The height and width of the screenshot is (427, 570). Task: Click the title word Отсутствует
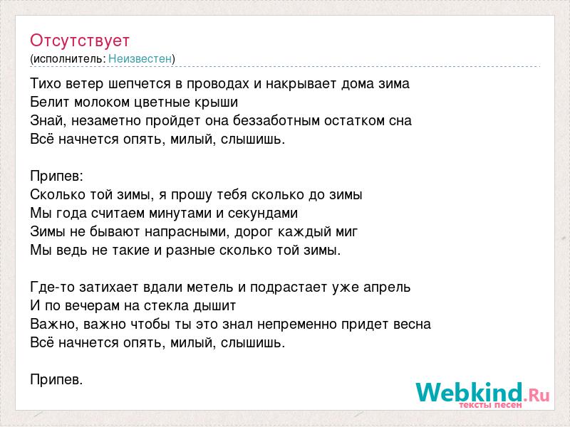click(x=80, y=41)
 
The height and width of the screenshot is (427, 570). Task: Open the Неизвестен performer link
click(x=140, y=58)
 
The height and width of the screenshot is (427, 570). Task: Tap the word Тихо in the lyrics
click(x=46, y=84)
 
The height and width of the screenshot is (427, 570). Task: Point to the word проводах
click(x=217, y=84)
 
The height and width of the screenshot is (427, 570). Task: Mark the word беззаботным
click(x=276, y=120)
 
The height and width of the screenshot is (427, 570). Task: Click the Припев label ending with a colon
click(x=57, y=176)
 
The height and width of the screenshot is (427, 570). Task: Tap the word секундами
click(x=263, y=213)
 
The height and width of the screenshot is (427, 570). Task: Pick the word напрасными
click(x=187, y=232)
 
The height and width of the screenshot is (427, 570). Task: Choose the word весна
click(x=413, y=325)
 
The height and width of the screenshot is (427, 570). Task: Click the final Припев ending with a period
click(x=56, y=380)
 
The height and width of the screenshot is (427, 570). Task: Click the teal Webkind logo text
click(x=470, y=392)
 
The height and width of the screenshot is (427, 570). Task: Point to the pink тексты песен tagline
click(x=490, y=405)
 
